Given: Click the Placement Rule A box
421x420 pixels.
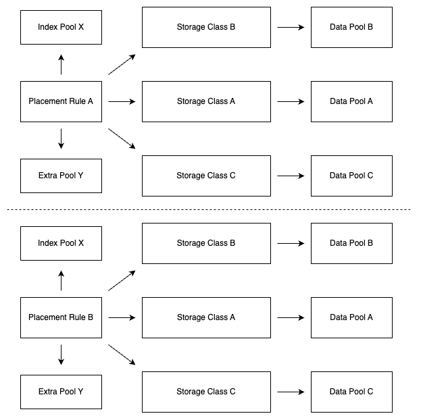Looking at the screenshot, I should (61, 101).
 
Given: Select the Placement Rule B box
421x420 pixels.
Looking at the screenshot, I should (61, 317).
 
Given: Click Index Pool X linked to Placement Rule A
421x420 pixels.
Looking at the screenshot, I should (61, 27).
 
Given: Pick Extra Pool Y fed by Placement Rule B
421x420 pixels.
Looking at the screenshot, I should (61, 392).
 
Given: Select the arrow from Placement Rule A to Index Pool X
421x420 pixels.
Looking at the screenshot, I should (61, 65).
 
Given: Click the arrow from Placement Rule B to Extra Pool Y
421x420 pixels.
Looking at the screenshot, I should (61, 355).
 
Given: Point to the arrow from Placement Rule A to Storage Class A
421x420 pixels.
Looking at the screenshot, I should (122, 101).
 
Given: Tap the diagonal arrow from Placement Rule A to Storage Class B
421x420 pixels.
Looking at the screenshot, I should (122, 65).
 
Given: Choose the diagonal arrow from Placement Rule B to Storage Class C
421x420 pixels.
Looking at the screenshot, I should (122, 355).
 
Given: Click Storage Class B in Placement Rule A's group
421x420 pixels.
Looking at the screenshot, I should (206, 27).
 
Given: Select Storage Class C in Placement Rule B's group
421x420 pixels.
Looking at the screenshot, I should (206, 392).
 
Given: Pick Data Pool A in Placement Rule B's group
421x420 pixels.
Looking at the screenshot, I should (351, 317).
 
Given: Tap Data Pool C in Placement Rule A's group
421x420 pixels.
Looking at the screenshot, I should (351, 176).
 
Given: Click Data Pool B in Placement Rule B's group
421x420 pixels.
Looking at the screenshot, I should (351, 243).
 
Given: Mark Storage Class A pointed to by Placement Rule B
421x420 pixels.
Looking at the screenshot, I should (206, 317).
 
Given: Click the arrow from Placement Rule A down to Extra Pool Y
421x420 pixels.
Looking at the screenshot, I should (61, 138).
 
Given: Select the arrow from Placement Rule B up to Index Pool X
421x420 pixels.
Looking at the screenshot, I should (61, 281).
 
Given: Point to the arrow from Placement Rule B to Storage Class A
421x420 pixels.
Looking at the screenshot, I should (122, 317).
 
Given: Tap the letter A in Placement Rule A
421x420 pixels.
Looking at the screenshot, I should (90, 101).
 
